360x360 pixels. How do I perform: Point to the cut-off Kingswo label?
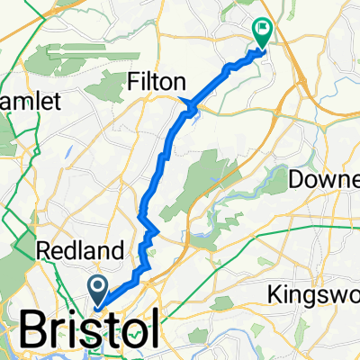[x=315, y=294]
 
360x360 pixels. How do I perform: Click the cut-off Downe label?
[x=324, y=180]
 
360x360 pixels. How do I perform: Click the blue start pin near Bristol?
[x=97, y=290]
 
